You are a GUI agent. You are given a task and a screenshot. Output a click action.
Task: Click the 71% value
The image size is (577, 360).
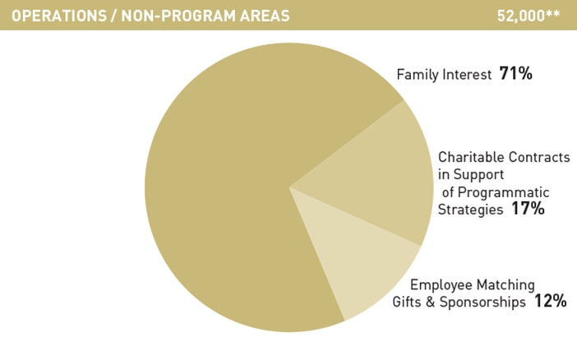(x=515, y=74)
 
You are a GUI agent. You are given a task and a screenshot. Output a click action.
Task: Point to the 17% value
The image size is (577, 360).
(x=528, y=209)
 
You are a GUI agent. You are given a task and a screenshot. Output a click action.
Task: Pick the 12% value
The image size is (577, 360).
(x=550, y=301)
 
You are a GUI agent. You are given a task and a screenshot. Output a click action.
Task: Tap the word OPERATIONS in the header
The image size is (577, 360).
(x=59, y=16)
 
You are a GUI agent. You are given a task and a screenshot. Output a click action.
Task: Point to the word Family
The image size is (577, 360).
(x=418, y=75)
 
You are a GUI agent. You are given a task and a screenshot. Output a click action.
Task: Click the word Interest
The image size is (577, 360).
(x=467, y=74)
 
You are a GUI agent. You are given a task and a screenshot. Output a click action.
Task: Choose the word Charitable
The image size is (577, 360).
(x=465, y=157)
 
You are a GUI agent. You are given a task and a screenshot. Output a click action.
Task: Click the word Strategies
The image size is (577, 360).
(x=470, y=210)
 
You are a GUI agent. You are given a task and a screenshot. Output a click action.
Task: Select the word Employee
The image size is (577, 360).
(x=441, y=285)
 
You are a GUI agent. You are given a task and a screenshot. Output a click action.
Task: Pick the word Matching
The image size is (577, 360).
(x=506, y=285)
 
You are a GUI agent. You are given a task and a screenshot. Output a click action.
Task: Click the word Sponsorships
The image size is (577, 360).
(x=482, y=302)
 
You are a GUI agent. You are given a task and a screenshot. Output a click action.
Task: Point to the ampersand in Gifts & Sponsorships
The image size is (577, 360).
(x=430, y=302)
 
